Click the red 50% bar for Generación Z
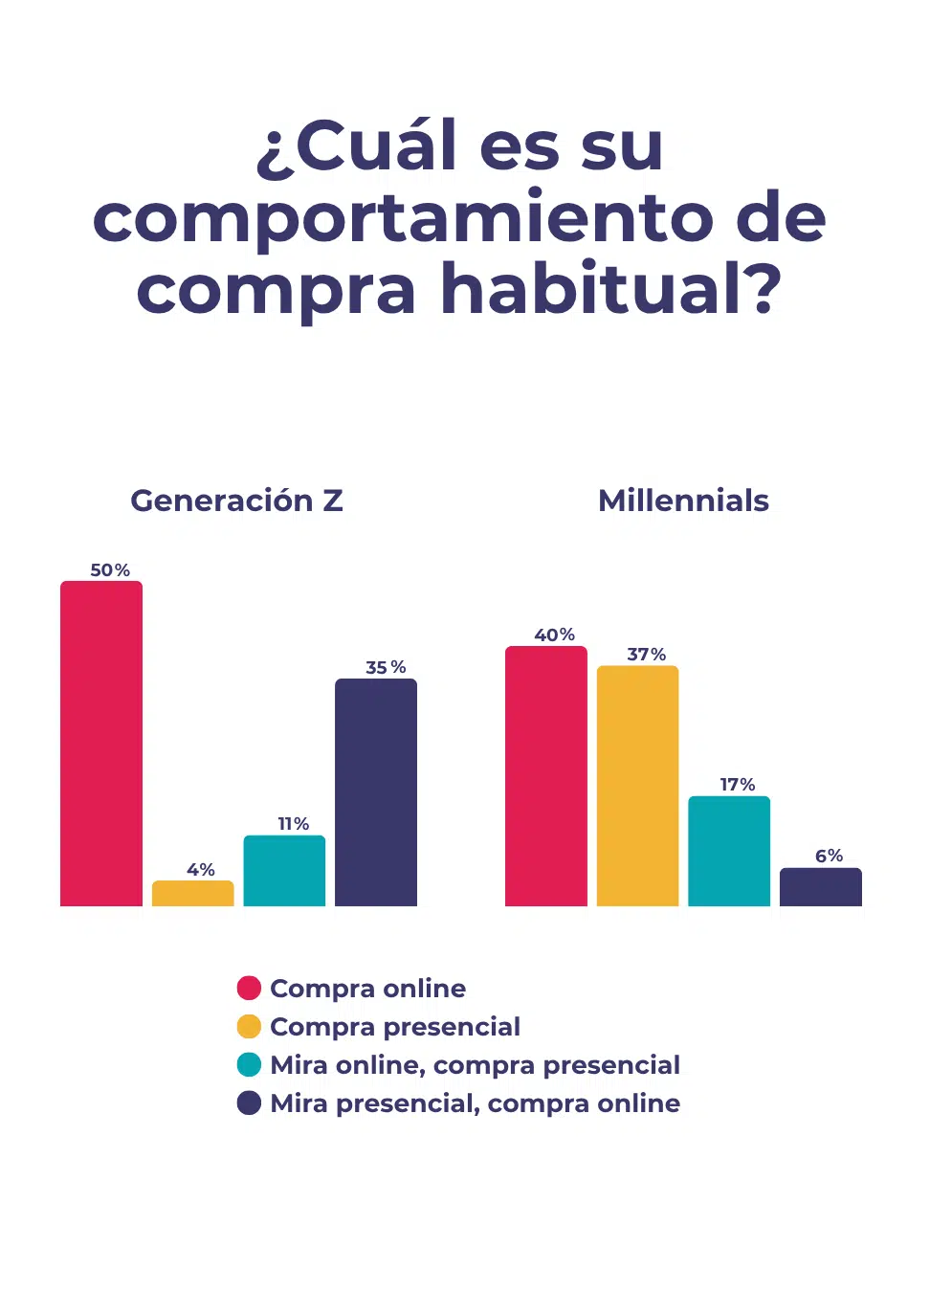click(x=101, y=744)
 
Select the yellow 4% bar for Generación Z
click(x=193, y=893)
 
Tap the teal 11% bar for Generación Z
click(x=284, y=871)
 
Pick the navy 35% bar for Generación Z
click(x=376, y=792)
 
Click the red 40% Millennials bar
click(x=546, y=776)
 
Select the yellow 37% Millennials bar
click(x=637, y=786)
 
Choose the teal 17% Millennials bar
click(x=729, y=851)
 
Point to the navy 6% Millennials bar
click(x=821, y=887)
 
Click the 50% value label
click(x=110, y=570)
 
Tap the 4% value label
click(x=201, y=870)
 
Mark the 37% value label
click(x=647, y=655)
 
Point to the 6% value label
click(x=829, y=856)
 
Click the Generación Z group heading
click(x=236, y=501)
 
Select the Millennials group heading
click(x=683, y=501)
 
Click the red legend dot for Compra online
click(x=249, y=988)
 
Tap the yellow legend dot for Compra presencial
click(x=249, y=1026)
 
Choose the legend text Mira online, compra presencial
click(x=475, y=1065)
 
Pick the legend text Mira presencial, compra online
click(x=475, y=1103)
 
